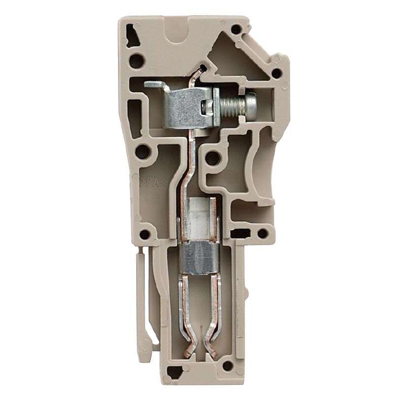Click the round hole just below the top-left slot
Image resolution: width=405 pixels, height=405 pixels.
pyautogui.click(x=136, y=62)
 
